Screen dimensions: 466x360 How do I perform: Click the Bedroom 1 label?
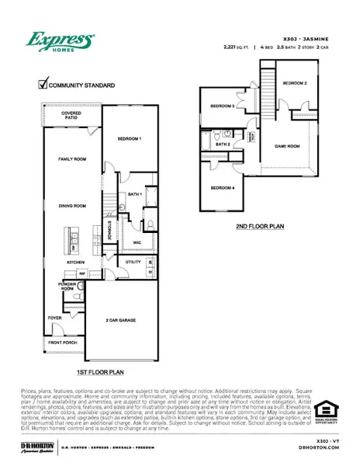click(128, 137)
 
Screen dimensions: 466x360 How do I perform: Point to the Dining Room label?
click(71, 206)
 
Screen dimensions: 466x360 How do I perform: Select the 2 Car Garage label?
click(122, 319)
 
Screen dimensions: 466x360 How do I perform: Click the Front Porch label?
click(61, 342)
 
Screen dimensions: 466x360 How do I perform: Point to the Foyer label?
click(55, 318)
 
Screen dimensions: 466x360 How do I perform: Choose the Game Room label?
click(287, 144)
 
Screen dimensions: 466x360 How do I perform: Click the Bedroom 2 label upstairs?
click(295, 82)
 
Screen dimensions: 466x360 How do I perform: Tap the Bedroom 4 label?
click(223, 187)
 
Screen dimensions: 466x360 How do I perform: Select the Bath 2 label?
click(224, 144)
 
